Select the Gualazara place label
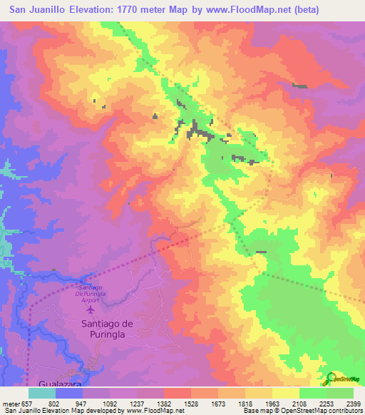81,382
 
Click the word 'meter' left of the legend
10,403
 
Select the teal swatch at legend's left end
42,393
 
